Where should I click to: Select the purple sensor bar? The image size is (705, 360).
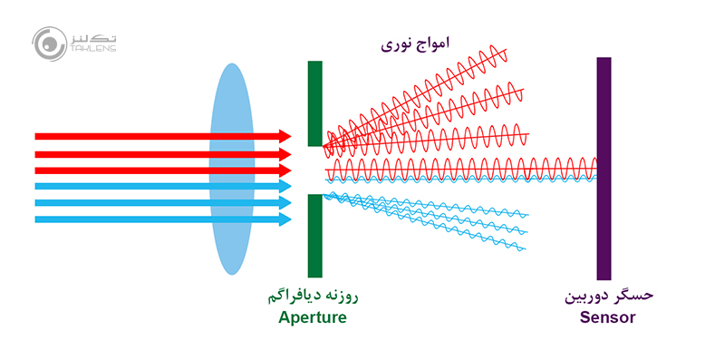tap(604, 168)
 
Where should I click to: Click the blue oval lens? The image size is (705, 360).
tap(232, 168)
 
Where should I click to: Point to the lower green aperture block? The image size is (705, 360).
tap(314, 235)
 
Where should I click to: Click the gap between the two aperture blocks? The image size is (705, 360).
tap(314, 170)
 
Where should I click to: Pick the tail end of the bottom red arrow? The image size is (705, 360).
tap(36, 170)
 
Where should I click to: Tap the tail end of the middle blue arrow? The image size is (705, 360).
tap(36, 202)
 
